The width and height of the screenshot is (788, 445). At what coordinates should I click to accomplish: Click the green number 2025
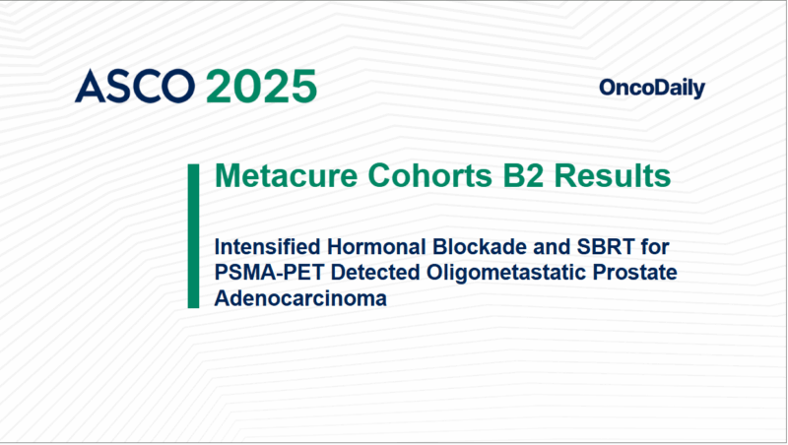[261, 87]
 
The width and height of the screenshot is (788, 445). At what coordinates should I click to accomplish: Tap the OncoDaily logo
[651, 89]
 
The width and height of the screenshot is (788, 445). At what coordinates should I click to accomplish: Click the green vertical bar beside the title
[193, 236]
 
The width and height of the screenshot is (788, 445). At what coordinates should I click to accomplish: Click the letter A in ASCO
[90, 87]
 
